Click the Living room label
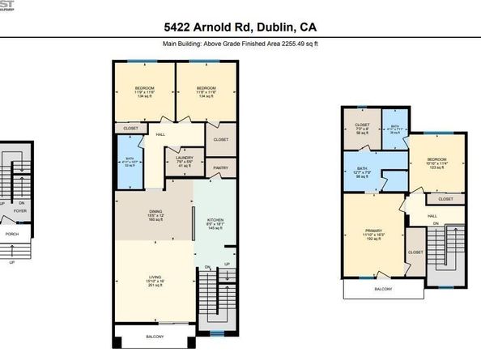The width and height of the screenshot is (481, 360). (155, 276)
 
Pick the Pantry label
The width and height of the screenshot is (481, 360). (221, 167)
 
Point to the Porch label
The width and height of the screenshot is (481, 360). (12, 235)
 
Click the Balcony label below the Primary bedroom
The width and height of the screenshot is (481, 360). (382, 289)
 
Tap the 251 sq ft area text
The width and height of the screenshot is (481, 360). (155, 286)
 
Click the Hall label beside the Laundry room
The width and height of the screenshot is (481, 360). (160, 134)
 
